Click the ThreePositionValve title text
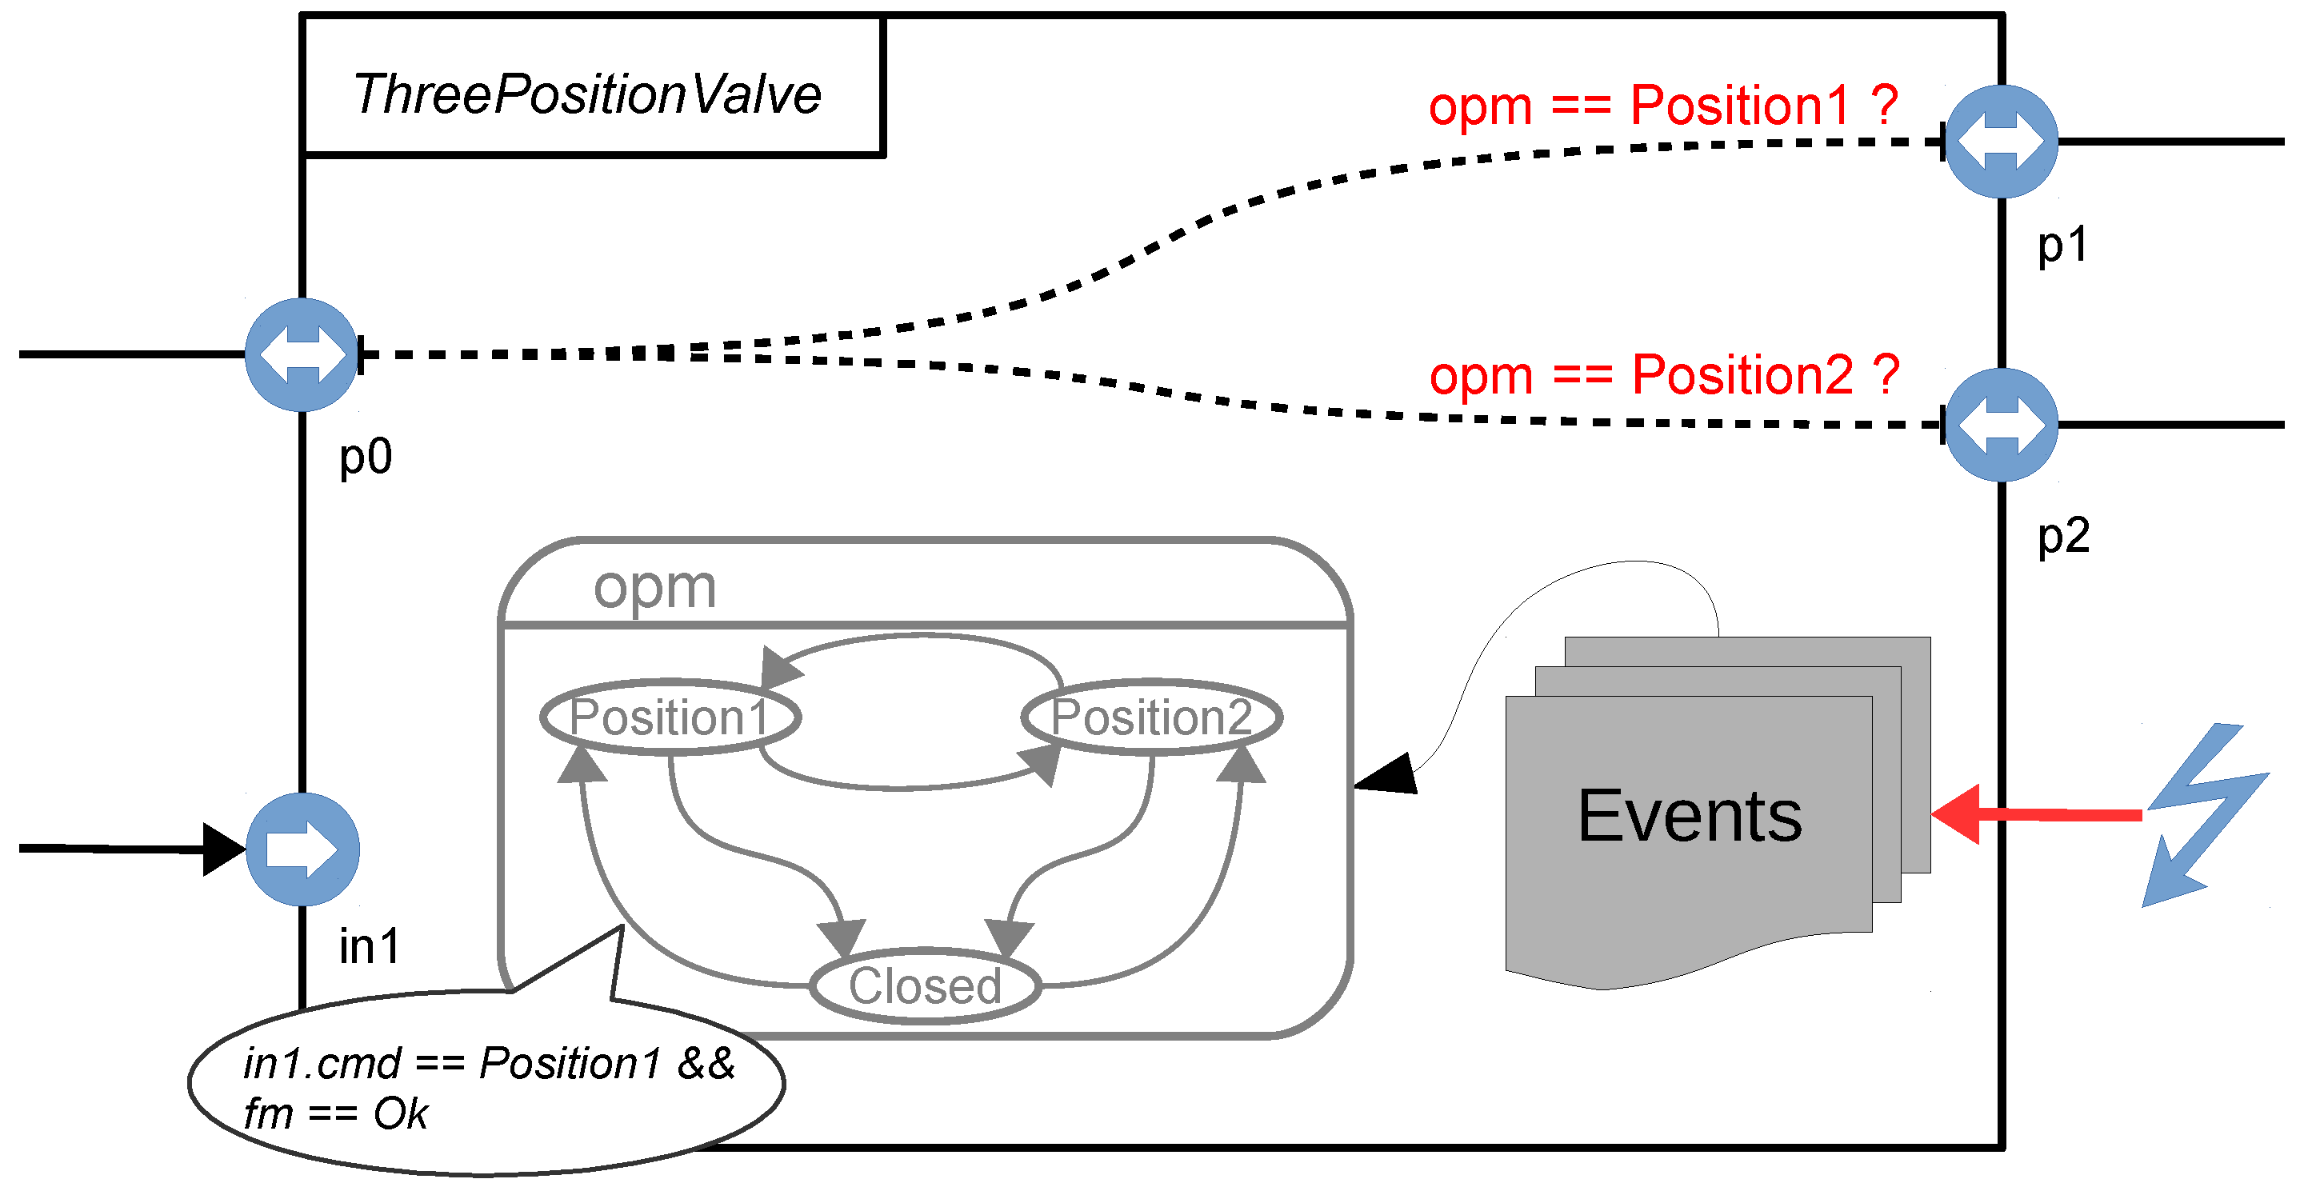coord(586,94)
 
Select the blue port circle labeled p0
coord(302,355)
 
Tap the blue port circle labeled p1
coord(2001,142)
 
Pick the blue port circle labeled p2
coord(2001,425)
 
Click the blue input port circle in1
coord(302,849)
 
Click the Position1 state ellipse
coord(670,717)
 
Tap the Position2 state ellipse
coord(1152,717)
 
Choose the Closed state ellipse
coord(925,985)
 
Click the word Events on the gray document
coord(1690,815)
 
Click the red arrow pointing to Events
coord(2037,814)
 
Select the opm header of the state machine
coord(656,587)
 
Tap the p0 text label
coord(366,458)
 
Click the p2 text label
coord(2064,537)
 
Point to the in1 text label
coord(370,946)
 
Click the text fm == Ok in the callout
coord(336,1114)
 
